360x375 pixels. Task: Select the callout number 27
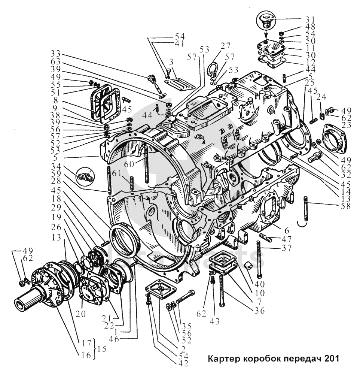click(225, 46)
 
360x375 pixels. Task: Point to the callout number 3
click(170, 61)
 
